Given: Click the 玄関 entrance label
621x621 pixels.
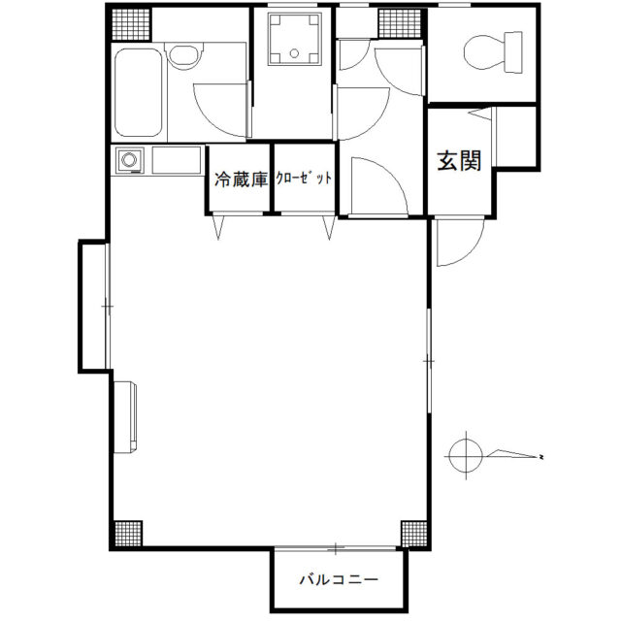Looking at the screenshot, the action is click(459, 161).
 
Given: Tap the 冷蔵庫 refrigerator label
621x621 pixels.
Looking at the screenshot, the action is click(241, 180).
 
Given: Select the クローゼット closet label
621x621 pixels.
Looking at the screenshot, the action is click(304, 179).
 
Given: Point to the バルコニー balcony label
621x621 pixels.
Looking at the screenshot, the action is click(339, 580).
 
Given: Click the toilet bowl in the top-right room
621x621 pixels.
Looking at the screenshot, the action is click(493, 52).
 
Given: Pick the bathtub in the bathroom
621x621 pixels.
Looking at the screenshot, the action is click(138, 92).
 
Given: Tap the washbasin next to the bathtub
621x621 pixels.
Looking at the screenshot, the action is click(183, 55).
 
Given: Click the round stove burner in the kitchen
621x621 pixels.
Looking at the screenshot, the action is click(129, 160).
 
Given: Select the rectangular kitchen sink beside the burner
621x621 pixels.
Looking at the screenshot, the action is click(177, 160).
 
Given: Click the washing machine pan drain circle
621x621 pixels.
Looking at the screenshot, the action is click(294, 53).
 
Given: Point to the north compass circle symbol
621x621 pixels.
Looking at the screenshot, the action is click(466, 456).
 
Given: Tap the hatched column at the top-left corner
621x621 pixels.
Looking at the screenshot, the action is click(131, 24).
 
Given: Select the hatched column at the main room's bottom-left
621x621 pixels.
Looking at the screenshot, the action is click(128, 534).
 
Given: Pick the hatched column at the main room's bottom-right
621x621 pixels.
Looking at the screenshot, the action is click(414, 534).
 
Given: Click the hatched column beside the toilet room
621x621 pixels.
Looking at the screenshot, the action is click(400, 23).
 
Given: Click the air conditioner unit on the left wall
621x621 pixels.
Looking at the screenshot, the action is click(125, 416).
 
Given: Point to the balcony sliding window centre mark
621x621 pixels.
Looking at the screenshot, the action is click(336, 549).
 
